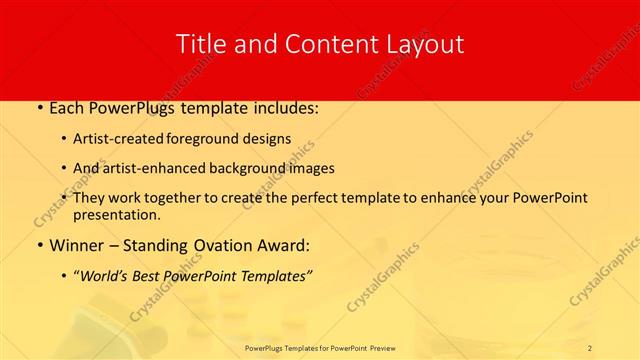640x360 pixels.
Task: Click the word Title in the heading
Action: tap(200, 44)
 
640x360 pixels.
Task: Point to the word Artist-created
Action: tap(131, 139)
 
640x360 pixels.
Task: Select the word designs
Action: tap(273, 139)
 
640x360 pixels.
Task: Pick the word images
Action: tap(311, 168)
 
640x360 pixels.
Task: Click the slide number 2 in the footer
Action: tap(590, 347)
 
